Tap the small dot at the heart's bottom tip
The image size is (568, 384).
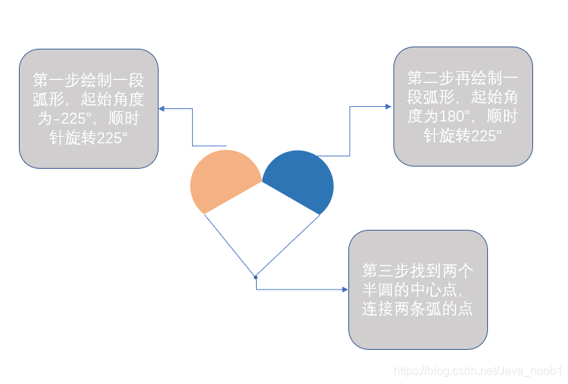coord(255,276)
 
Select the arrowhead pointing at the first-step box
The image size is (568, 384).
coord(162,109)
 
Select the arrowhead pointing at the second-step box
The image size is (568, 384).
coord(389,107)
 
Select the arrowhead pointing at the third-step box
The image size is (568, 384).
coord(345,289)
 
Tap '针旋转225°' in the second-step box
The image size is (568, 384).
coord(463,136)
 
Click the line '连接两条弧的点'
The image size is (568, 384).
coord(417,308)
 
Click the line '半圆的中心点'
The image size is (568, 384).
coord(409,290)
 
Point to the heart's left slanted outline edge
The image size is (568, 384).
coord(229,244)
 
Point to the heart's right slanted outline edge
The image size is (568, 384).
coord(288,245)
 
